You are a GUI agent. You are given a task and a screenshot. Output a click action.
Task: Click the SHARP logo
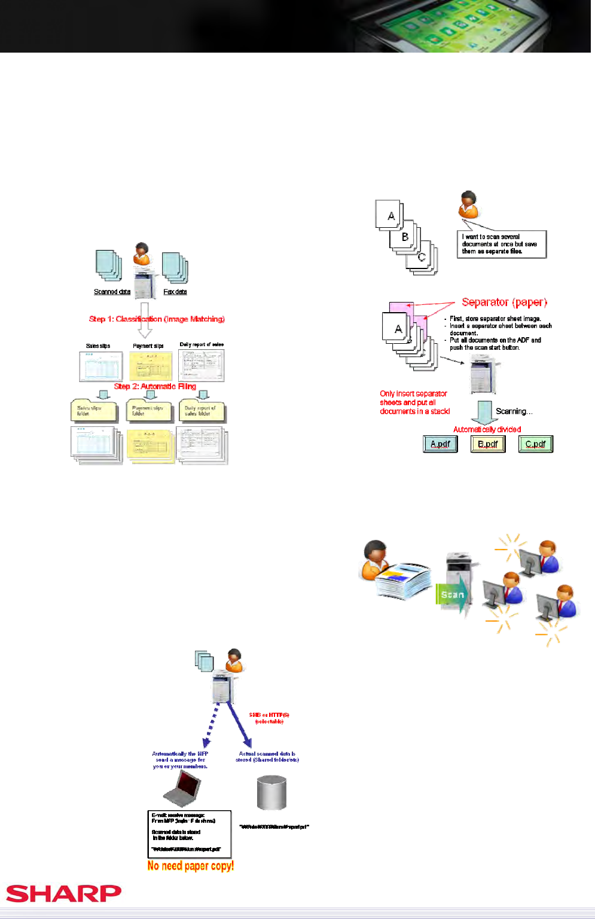coord(64,893)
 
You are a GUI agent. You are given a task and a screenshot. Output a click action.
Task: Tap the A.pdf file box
coord(440,444)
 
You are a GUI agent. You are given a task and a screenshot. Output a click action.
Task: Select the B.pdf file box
coord(488,444)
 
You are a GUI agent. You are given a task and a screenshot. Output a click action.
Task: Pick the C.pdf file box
coord(535,444)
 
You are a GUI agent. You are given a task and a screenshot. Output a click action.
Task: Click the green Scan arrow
coord(453,595)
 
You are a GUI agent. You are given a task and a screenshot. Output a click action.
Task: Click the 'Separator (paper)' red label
coord(504,303)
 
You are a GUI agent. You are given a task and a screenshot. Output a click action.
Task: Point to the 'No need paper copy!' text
coord(190,866)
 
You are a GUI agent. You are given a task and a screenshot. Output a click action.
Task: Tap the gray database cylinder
coord(271,793)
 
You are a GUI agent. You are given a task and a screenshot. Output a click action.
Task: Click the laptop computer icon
coord(182,789)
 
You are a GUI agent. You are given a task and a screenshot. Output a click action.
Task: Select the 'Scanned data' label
coord(112,292)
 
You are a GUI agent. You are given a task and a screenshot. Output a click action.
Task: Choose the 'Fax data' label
coord(175,292)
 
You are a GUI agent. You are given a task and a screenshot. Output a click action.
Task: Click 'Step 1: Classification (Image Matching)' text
coord(157,319)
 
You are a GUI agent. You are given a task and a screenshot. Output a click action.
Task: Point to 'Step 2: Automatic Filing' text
coord(155,386)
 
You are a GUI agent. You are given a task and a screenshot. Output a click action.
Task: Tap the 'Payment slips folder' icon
coord(149,411)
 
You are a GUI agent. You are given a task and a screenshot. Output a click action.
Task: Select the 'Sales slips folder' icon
coord(94,411)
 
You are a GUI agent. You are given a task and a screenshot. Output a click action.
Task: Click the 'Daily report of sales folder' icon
coord(202,411)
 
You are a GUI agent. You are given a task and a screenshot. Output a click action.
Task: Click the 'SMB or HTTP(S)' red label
coord(269,718)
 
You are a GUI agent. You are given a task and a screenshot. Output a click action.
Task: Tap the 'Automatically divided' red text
coord(487,429)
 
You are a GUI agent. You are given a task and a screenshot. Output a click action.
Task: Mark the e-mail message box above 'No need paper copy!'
coord(189,834)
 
